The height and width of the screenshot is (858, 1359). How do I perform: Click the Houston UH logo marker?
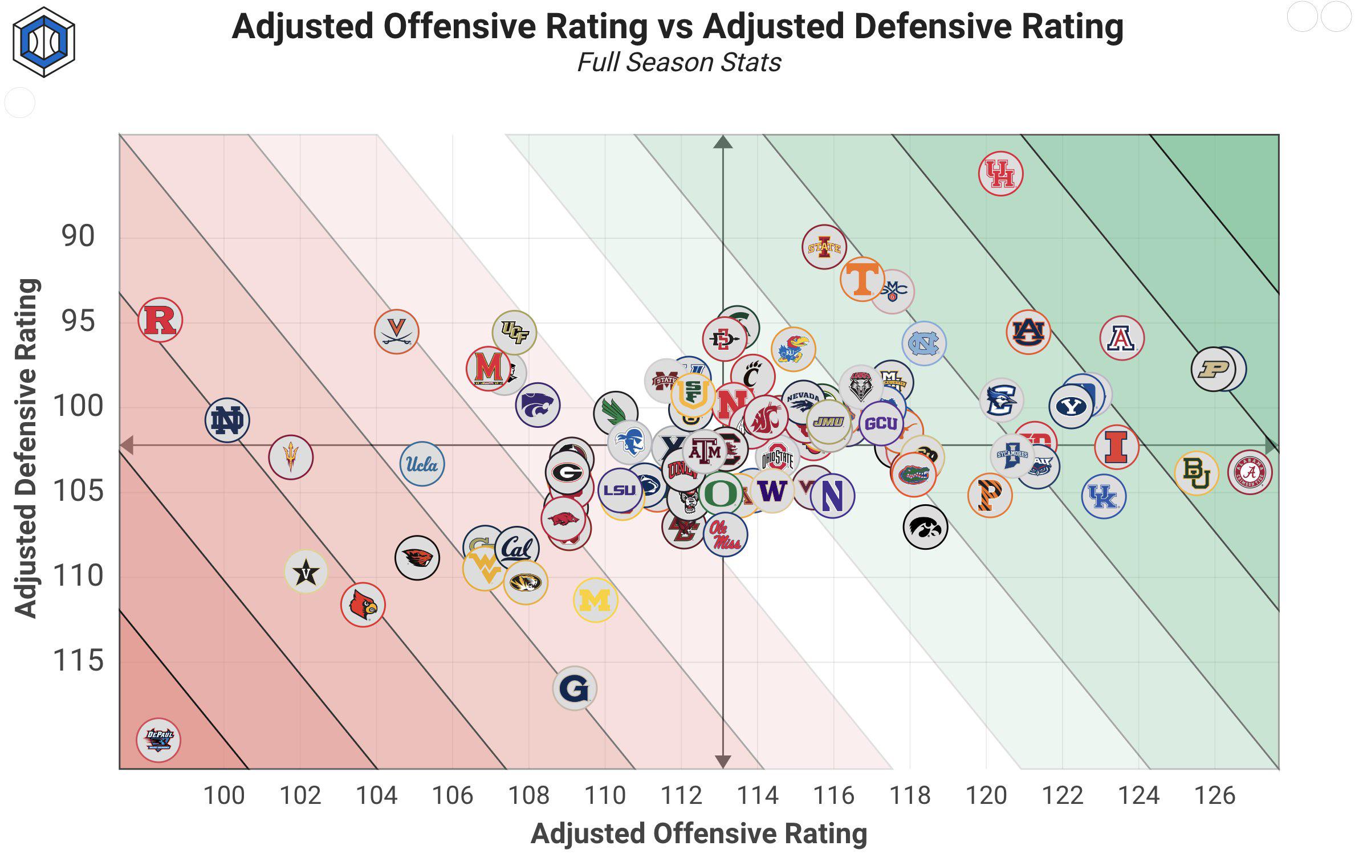(x=1000, y=174)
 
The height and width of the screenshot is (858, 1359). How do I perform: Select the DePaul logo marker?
(x=158, y=739)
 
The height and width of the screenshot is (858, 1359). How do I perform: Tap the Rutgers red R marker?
(x=160, y=320)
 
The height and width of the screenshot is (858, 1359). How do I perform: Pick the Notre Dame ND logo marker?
(x=227, y=420)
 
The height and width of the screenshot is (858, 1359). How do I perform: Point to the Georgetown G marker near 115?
(x=574, y=689)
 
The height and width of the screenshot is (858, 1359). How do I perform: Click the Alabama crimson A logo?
(x=1250, y=472)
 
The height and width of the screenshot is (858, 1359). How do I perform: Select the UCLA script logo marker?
(x=422, y=464)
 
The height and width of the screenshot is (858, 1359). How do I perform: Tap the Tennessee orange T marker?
(x=861, y=279)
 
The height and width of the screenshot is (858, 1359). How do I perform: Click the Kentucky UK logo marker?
(x=1103, y=497)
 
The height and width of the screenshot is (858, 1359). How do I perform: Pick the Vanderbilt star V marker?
(x=306, y=572)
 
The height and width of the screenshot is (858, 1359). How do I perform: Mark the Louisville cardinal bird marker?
(x=363, y=605)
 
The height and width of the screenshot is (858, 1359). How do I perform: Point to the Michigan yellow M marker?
(x=595, y=600)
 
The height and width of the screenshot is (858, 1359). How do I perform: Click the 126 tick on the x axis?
(x=1214, y=795)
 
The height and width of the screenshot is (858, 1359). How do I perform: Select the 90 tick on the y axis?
(x=78, y=236)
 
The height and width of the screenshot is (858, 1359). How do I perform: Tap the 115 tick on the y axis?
(x=78, y=661)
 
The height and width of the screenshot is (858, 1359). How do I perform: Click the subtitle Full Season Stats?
(x=678, y=62)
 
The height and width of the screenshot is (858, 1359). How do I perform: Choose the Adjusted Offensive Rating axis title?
(x=699, y=834)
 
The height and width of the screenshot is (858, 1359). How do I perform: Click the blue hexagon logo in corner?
(x=44, y=42)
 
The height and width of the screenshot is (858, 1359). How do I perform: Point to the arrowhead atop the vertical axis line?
(x=723, y=142)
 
